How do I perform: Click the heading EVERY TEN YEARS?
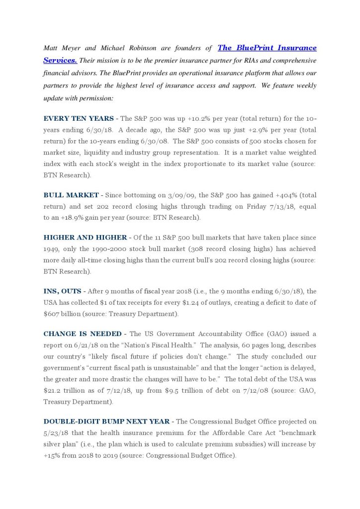(x=79, y=119)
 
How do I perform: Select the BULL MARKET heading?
(x=71, y=195)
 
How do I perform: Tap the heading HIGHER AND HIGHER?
(x=83, y=238)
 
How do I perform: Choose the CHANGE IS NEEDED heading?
(x=82, y=334)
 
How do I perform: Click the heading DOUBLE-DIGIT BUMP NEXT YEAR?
(x=106, y=422)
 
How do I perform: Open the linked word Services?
(x=60, y=60)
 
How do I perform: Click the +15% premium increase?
(x=52, y=455)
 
